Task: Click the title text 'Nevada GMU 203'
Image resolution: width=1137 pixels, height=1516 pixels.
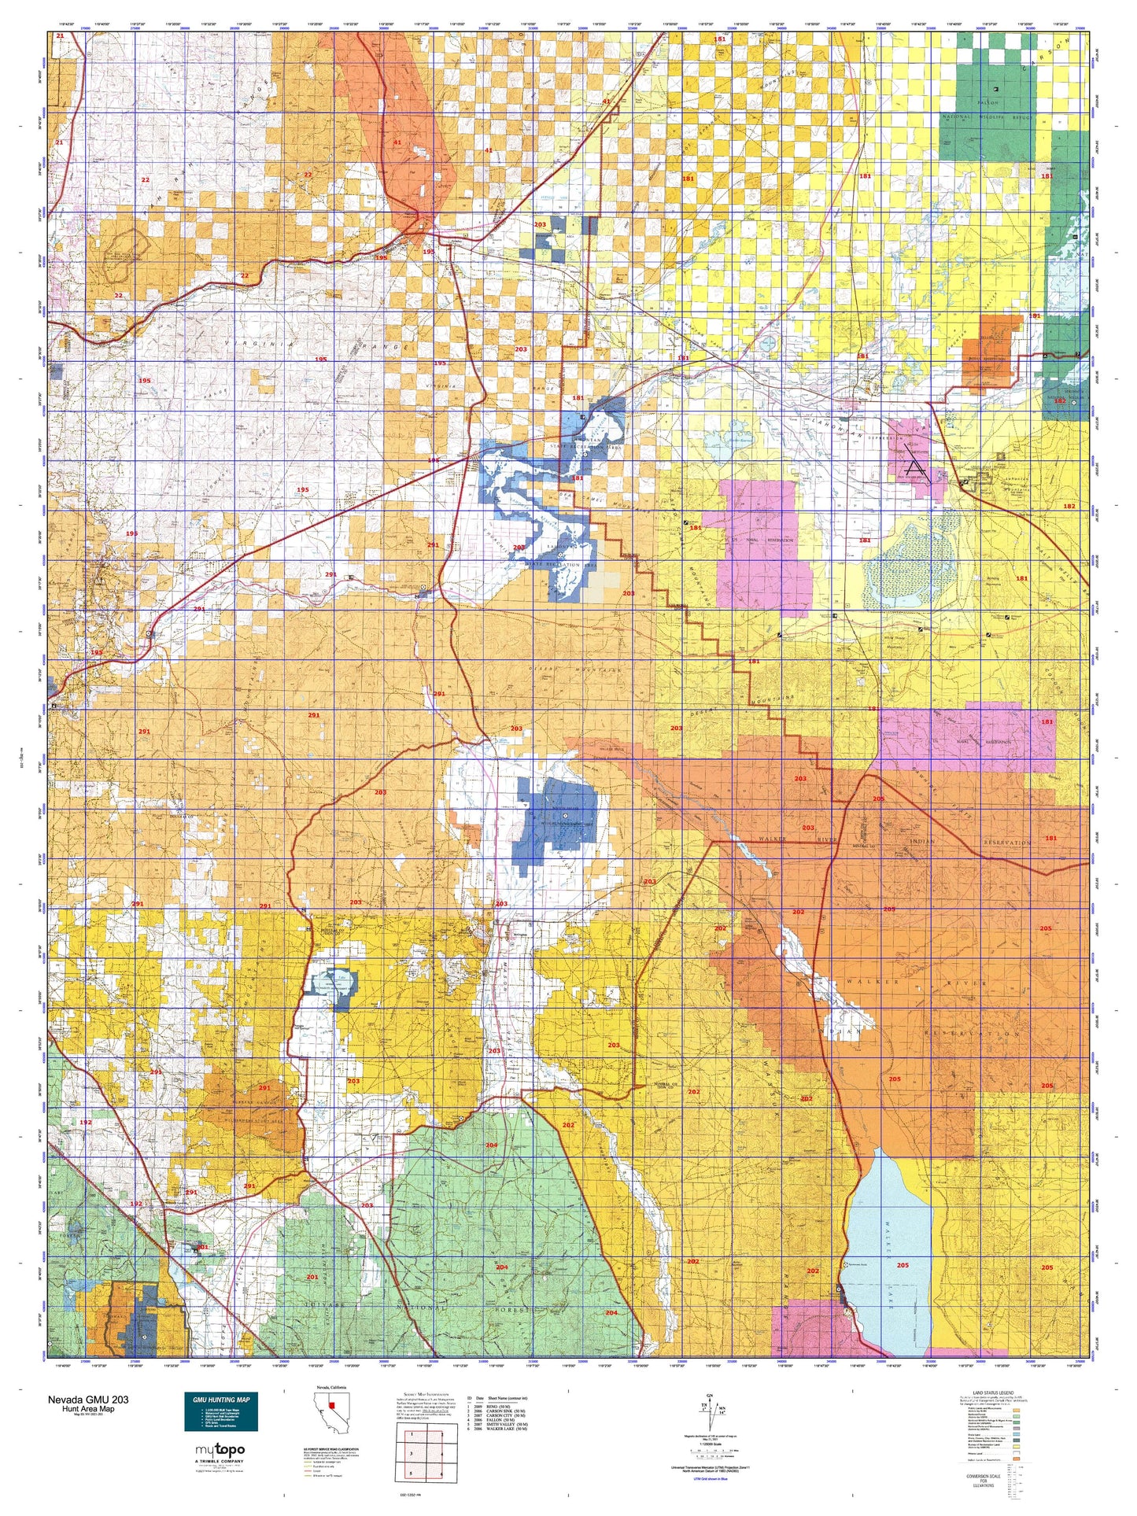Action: coord(88,1400)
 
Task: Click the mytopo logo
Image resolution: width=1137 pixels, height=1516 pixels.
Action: coord(220,1450)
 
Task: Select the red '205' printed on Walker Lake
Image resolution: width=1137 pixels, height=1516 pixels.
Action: coord(902,1265)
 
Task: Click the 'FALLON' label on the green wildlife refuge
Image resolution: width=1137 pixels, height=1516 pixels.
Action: coord(988,103)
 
